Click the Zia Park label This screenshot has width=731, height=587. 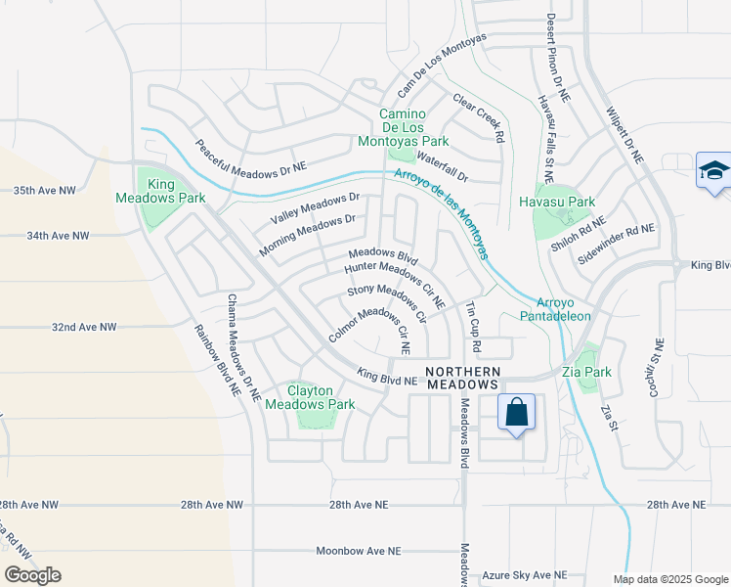(586, 372)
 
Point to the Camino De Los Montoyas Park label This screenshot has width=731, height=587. (415, 122)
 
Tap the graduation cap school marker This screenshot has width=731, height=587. (713, 171)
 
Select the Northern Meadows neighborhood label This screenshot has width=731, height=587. (464, 378)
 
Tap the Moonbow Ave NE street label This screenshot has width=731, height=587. (359, 552)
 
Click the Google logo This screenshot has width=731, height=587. (33, 575)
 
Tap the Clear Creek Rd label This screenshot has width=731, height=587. (478, 118)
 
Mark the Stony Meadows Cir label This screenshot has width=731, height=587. (387, 302)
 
